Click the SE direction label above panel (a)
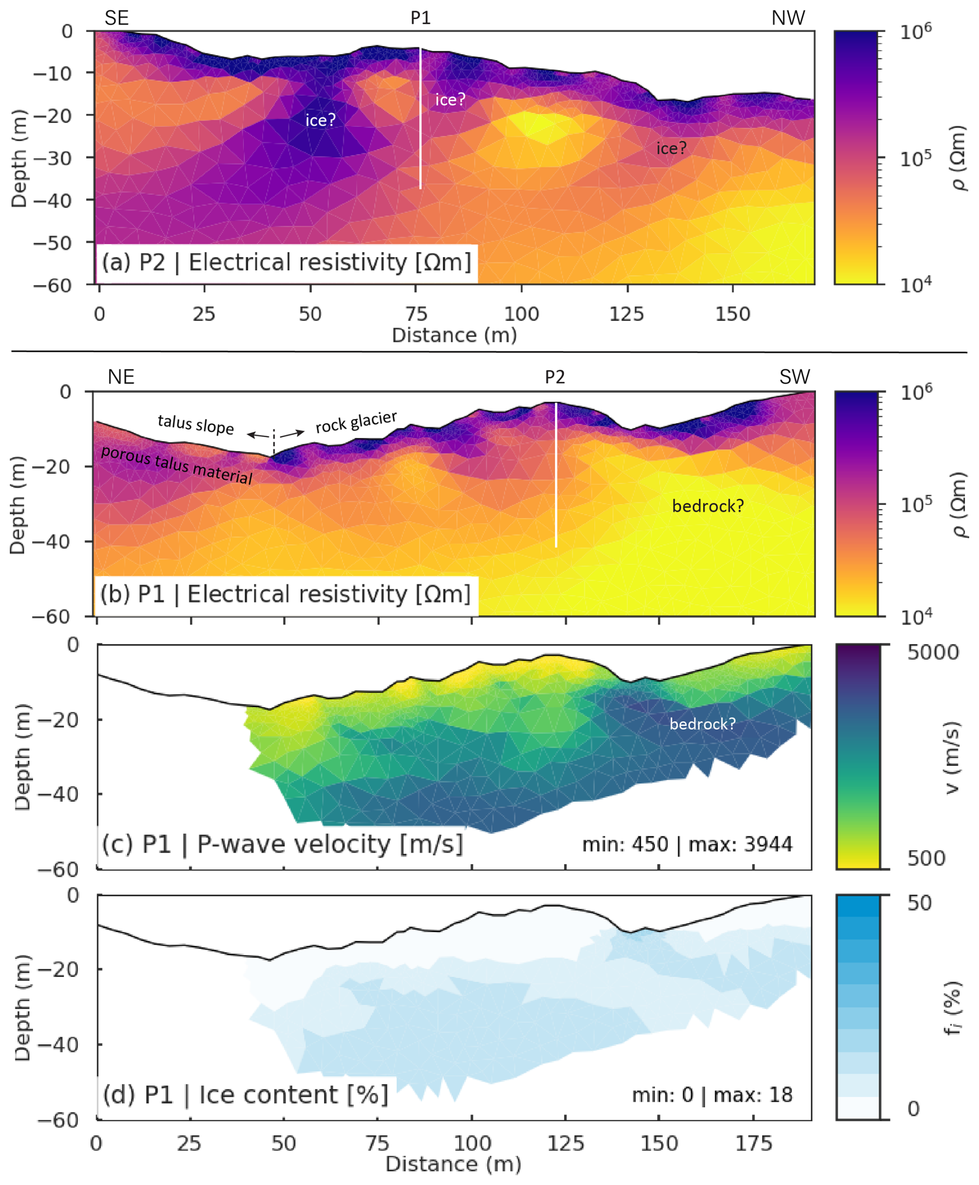117,18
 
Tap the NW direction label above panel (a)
788,18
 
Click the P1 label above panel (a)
421,18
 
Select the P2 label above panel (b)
555,377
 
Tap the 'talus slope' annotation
196,424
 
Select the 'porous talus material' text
176,465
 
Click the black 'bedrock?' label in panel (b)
708,506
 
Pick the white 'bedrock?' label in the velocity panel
703,724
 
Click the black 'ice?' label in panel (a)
671,148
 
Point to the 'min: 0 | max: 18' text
712,1095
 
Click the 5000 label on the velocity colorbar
933,653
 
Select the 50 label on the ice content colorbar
919,903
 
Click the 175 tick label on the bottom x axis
753,1143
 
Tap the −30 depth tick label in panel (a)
52,158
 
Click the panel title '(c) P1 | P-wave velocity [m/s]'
283,845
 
